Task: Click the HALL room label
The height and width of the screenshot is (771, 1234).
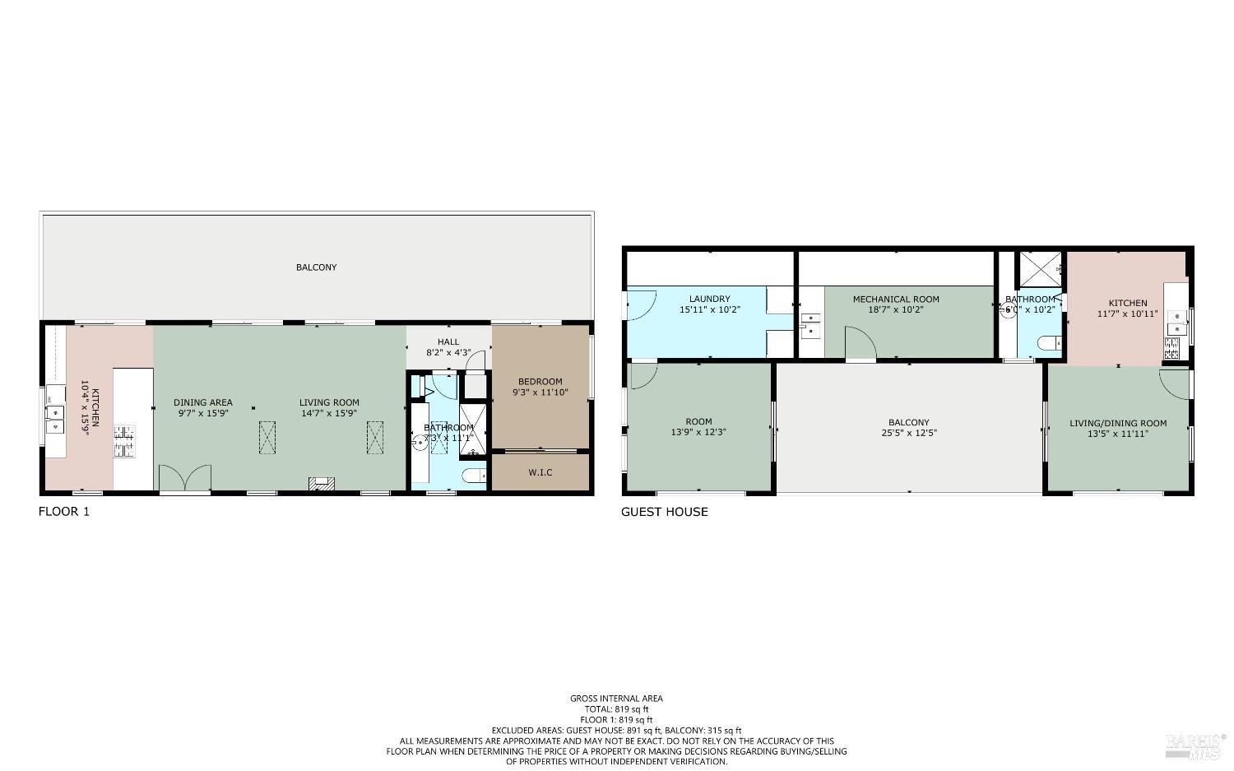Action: pyautogui.click(x=448, y=341)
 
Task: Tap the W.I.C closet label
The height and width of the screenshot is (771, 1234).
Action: pyautogui.click(x=540, y=472)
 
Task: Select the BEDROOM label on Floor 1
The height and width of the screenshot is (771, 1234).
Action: pyautogui.click(x=540, y=381)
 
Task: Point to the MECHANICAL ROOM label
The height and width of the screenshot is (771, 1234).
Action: pyautogui.click(x=895, y=299)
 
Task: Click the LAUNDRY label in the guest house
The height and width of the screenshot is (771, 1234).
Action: pyautogui.click(x=709, y=299)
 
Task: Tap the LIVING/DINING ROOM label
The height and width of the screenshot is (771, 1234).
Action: pyautogui.click(x=1117, y=423)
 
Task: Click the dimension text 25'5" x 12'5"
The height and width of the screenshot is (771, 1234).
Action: pyautogui.click(x=908, y=433)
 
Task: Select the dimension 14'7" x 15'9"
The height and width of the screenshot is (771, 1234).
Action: pyautogui.click(x=328, y=413)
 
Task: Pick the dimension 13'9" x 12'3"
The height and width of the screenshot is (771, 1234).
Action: pyautogui.click(x=698, y=432)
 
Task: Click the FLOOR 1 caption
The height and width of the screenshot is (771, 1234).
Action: pyautogui.click(x=64, y=512)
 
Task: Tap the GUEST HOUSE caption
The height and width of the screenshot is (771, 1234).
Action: pyautogui.click(x=664, y=512)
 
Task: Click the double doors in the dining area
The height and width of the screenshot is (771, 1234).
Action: pyautogui.click(x=184, y=477)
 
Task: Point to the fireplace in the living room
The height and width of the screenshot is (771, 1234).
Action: pyautogui.click(x=322, y=484)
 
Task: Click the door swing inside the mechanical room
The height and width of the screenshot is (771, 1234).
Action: pyautogui.click(x=860, y=343)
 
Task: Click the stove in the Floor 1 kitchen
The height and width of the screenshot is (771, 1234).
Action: pyautogui.click(x=123, y=440)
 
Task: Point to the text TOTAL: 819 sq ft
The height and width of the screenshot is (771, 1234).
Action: pyautogui.click(x=616, y=708)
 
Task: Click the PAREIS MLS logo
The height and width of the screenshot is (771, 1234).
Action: pyautogui.click(x=1195, y=745)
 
